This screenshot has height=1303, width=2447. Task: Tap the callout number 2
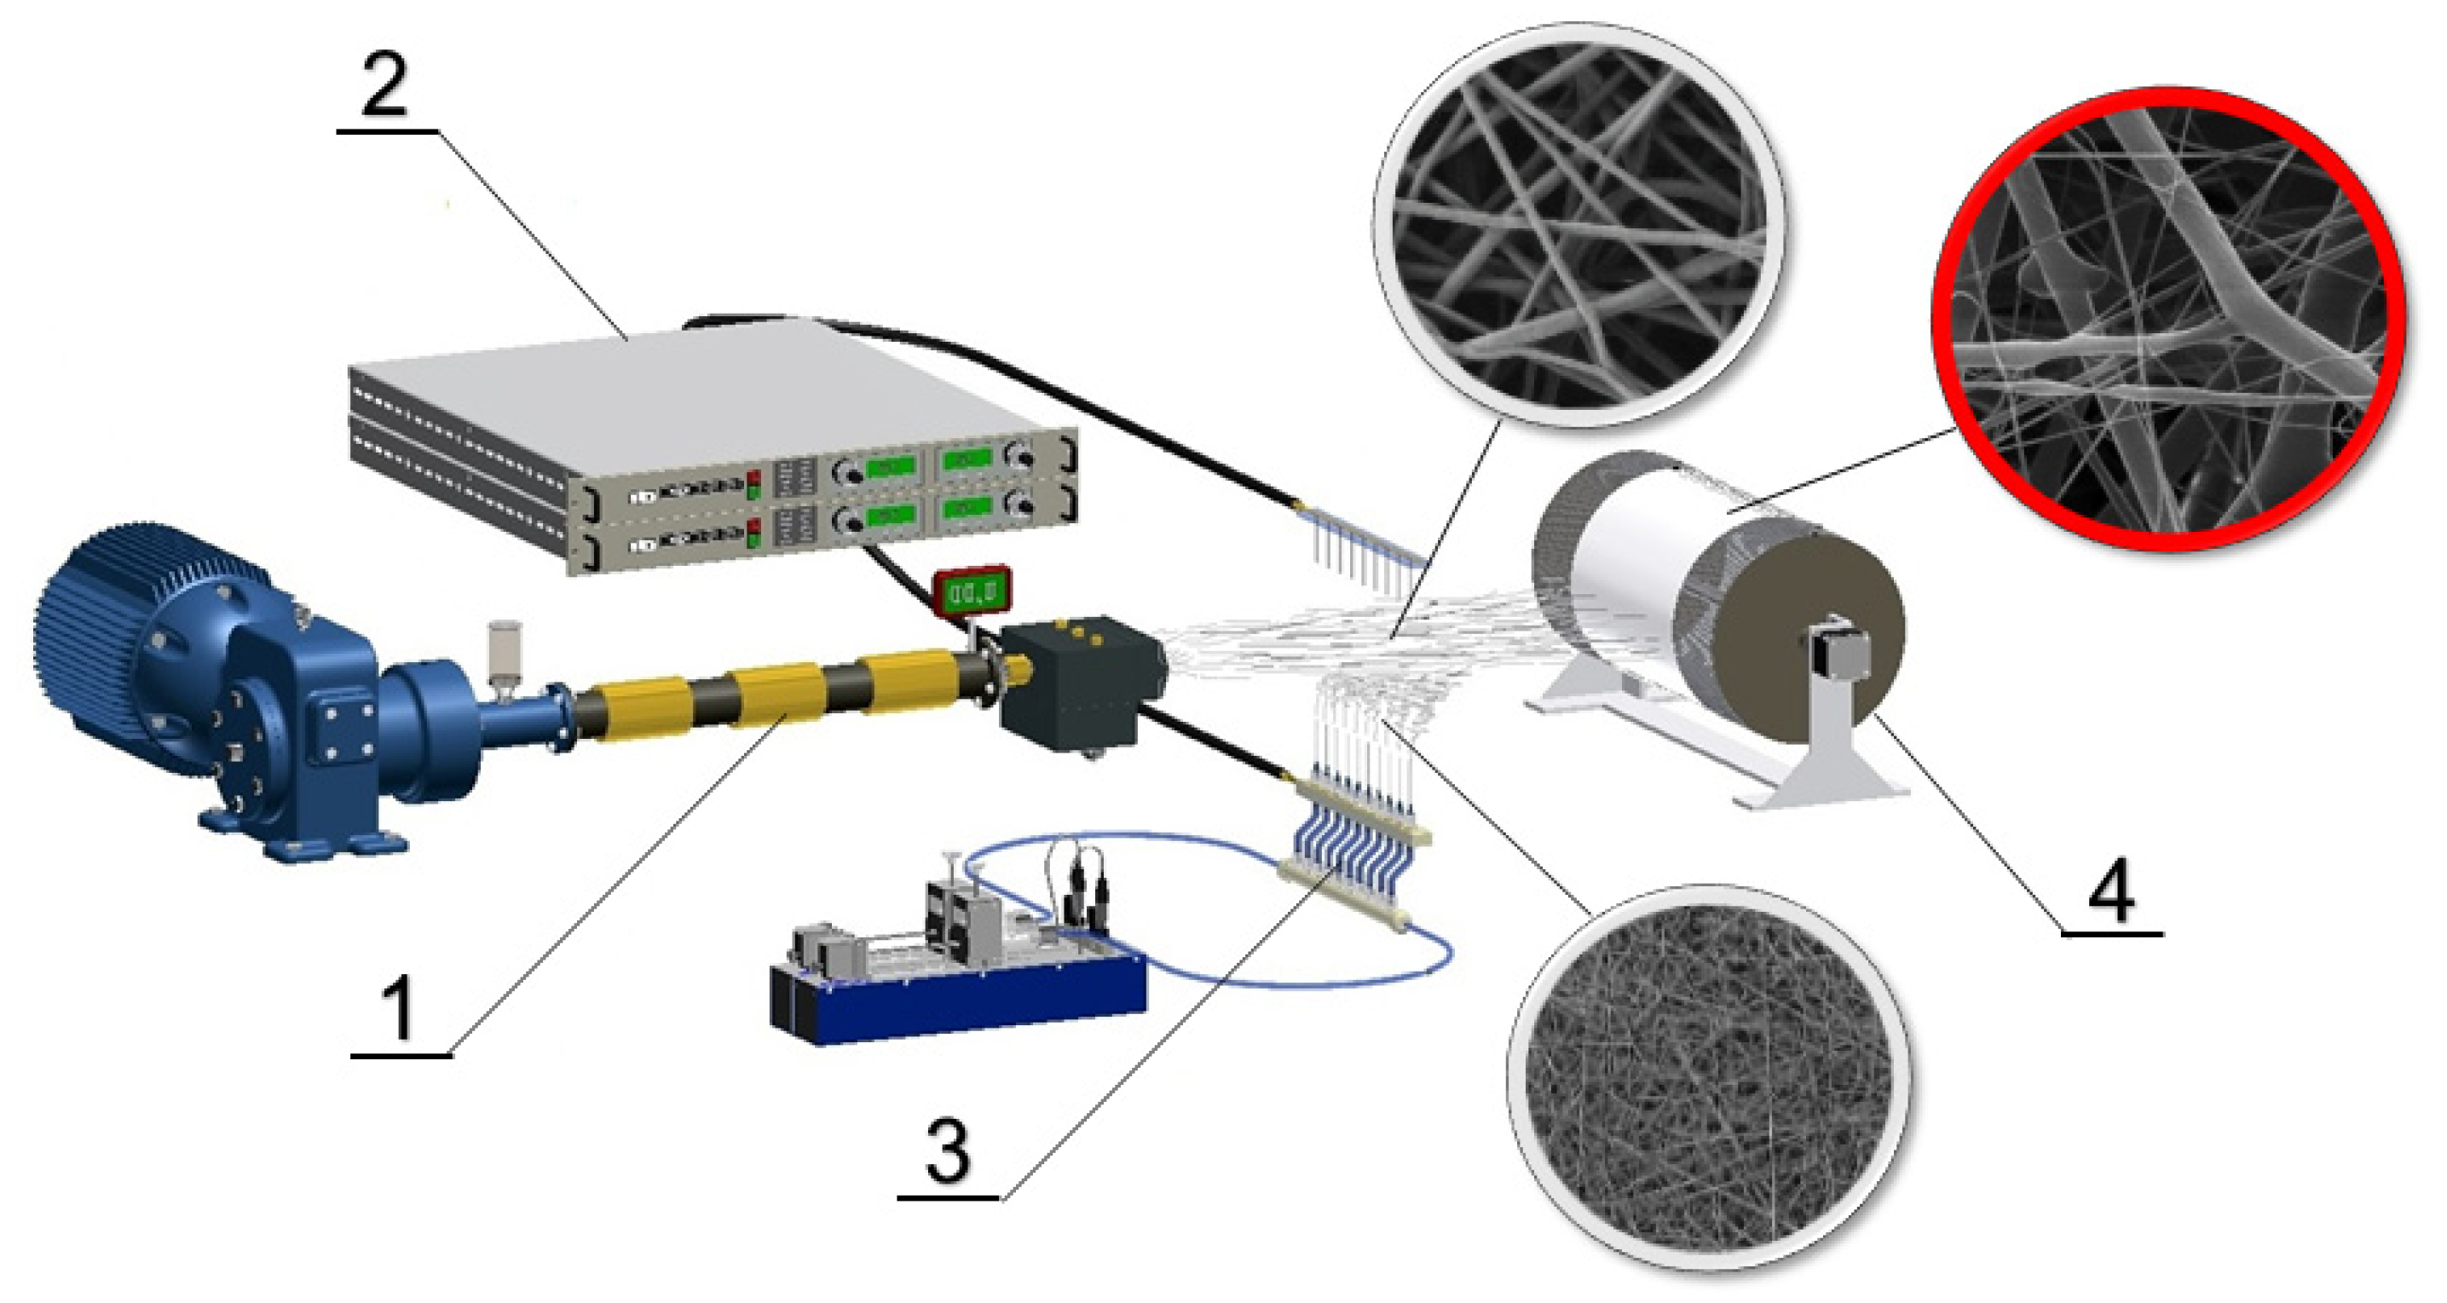pyautogui.click(x=384, y=85)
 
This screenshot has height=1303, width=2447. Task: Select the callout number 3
pyautogui.click(x=947, y=1151)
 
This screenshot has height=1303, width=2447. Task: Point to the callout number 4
pyautogui.click(x=2110, y=890)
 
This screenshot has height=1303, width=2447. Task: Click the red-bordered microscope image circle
pyautogui.click(x=2168, y=319)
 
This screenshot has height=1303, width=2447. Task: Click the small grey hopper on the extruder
pyautogui.click(x=503, y=650)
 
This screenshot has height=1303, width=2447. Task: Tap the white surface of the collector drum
pyautogui.click(x=1634, y=561)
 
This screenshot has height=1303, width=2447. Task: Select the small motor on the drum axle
pyautogui.click(x=1838, y=646)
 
